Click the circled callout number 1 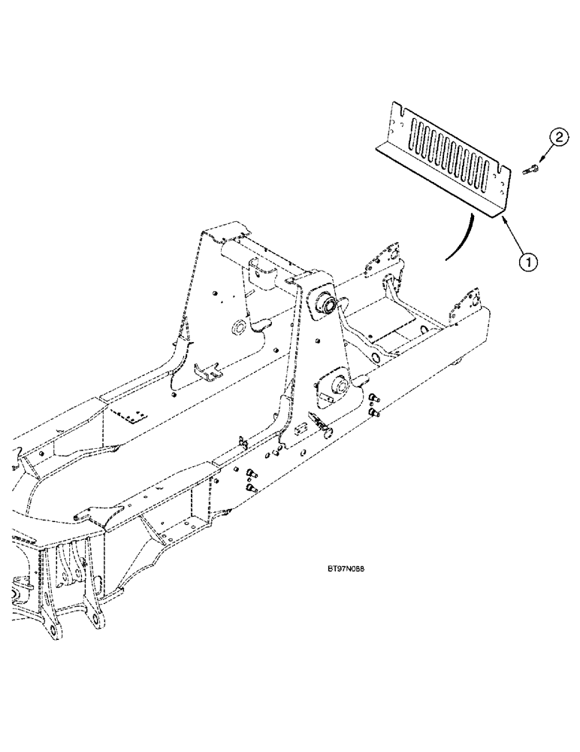click(530, 262)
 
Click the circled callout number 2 click(557, 138)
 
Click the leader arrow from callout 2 click(547, 153)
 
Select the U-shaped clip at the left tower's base click(206, 370)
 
